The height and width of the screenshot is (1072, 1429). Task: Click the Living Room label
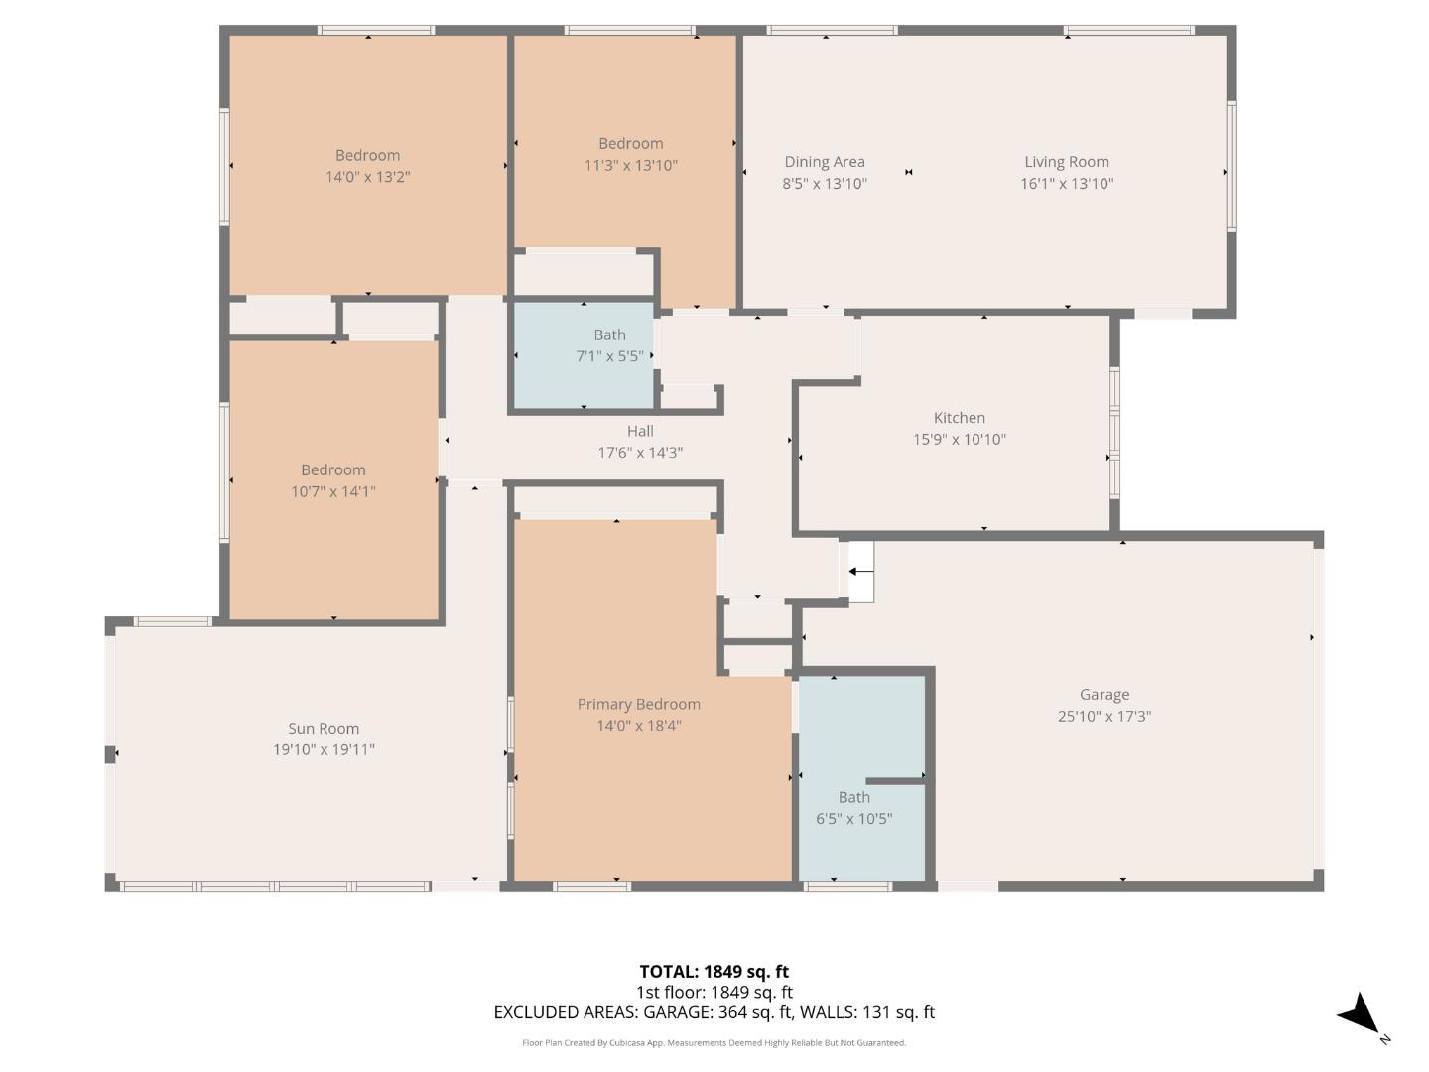click(1067, 162)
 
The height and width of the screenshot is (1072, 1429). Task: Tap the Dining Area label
click(825, 162)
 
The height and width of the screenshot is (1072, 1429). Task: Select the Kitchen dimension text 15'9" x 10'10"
click(960, 440)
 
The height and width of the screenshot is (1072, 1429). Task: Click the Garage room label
click(1104, 695)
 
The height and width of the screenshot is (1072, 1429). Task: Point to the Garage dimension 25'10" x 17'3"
click(1104, 717)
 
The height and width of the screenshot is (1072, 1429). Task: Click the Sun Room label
click(324, 729)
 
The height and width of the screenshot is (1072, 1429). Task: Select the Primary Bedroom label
click(639, 705)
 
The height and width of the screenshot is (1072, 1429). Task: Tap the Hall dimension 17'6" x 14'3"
click(640, 453)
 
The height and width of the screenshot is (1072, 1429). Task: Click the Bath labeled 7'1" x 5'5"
click(610, 335)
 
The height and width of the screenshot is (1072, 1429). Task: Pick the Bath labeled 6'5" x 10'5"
click(854, 797)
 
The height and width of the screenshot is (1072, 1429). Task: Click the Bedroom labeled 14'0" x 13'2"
click(368, 156)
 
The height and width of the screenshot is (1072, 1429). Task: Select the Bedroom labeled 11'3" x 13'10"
click(631, 144)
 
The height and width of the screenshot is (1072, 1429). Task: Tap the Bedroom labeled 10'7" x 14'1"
click(333, 470)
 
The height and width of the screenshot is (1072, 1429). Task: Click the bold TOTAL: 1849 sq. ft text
click(714, 972)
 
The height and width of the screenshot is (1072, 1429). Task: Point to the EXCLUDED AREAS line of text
click(714, 1012)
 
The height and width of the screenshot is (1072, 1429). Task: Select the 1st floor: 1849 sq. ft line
click(714, 992)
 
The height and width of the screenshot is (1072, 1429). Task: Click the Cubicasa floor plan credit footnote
click(714, 1043)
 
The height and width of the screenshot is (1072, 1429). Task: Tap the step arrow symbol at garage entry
click(860, 572)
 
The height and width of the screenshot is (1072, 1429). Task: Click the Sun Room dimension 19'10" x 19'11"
click(325, 750)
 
